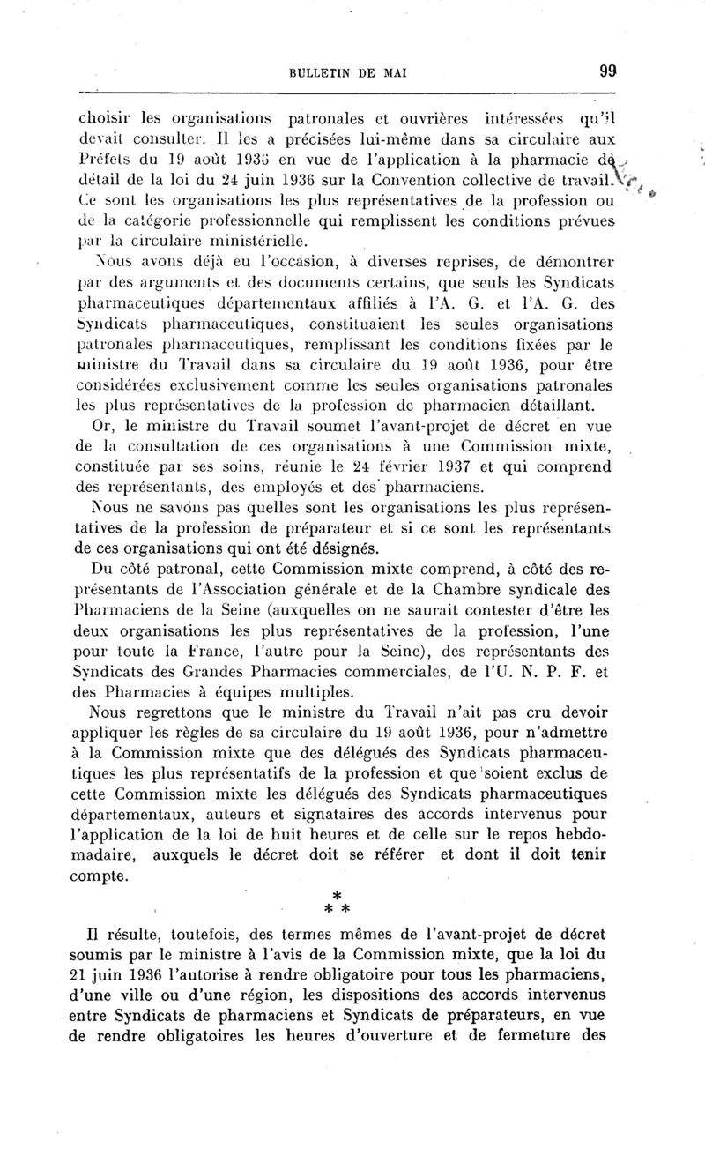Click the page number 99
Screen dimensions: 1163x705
coord(606,73)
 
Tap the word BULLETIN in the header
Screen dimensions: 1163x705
coord(321,74)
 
